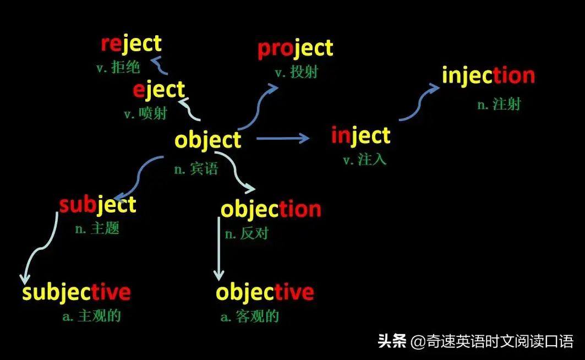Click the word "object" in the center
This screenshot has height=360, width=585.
[207, 140]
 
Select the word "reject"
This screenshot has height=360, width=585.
[131, 43]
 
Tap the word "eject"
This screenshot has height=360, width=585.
[158, 90]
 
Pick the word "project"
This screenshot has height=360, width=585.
[295, 49]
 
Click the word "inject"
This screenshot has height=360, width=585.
[360, 135]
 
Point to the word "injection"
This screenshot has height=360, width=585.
[488, 76]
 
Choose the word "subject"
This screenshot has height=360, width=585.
[97, 205]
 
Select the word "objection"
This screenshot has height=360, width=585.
[271, 209]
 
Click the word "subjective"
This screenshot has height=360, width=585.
[76, 292]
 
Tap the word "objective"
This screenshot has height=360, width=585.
[265, 292]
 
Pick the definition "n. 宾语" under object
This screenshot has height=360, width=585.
[196, 169]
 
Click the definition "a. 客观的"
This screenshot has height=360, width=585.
[249, 316]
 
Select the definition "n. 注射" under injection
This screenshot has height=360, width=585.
[499, 104]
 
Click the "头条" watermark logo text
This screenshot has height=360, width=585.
[391, 341]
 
